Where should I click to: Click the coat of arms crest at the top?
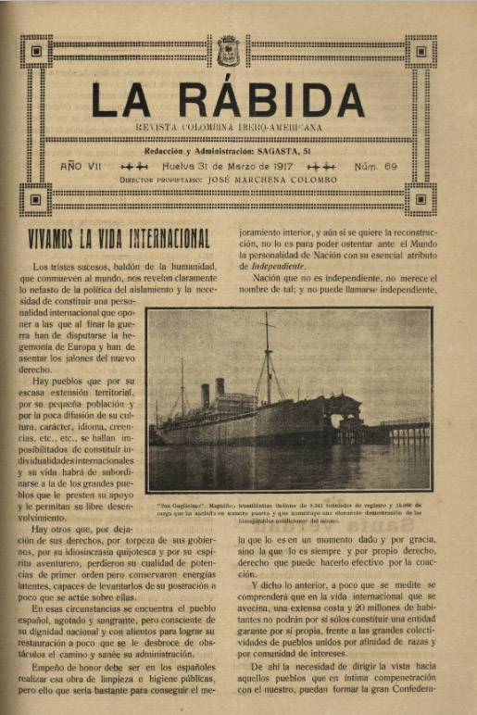click(x=228, y=51)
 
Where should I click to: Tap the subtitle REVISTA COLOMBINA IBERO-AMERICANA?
click(x=229, y=125)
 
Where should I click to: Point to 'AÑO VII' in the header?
click(x=82, y=166)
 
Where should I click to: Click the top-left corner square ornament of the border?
click(x=35, y=51)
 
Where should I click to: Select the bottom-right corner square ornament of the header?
click(x=421, y=198)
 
